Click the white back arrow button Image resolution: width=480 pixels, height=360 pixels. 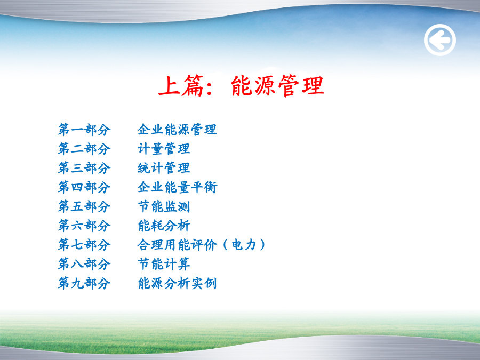coord(440,40)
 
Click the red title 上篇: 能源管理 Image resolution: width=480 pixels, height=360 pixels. coord(241,86)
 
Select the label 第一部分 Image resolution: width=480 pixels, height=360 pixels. coord(84,130)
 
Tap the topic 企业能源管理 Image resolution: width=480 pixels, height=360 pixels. coord(177,130)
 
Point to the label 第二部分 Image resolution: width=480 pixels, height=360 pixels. coord(84,149)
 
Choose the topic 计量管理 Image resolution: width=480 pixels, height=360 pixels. coord(164,149)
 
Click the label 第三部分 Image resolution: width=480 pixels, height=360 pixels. coord(84,168)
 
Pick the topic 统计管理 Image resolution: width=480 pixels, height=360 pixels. coord(164,168)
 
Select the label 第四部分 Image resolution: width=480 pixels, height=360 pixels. coord(84,187)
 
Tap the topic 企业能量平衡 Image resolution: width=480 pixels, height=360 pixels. coord(177,187)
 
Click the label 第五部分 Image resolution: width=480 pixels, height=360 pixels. coord(84,206)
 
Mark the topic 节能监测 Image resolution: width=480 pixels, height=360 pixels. coord(164,206)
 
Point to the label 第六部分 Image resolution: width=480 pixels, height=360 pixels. coord(84,226)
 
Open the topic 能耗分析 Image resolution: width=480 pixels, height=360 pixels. coord(164,226)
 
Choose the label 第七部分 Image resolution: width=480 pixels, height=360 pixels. coord(84,245)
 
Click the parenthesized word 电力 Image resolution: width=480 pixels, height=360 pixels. coord(244,245)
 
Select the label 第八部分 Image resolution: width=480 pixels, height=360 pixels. coord(84,264)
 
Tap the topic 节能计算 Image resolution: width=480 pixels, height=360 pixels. coord(164,264)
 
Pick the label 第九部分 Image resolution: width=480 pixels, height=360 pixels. coord(84,283)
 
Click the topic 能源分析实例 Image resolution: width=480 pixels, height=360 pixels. coord(177,283)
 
